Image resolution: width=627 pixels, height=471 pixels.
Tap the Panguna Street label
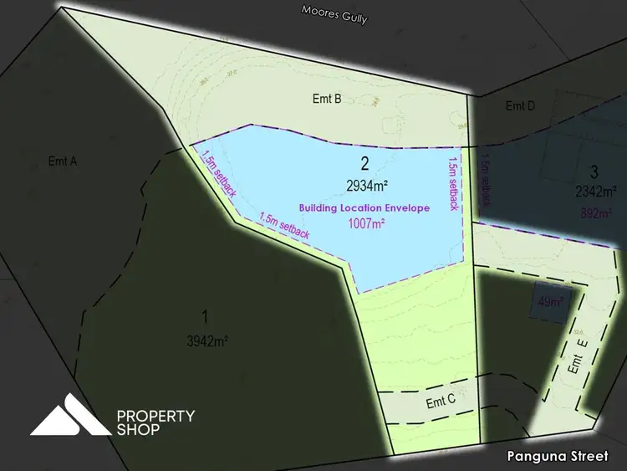(558, 456)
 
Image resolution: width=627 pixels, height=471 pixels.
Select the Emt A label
(63, 161)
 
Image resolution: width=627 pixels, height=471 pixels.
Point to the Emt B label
(326, 99)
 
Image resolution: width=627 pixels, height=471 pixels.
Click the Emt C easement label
(441, 402)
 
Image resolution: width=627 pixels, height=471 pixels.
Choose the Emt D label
(520, 106)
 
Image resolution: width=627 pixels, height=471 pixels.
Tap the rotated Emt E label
(575, 358)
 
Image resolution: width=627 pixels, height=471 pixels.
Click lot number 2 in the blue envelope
(364, 163)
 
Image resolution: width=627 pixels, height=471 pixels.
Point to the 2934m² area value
(364, 184)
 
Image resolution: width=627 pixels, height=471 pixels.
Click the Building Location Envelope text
(364, 207)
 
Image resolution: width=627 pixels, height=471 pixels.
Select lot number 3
(594, 172)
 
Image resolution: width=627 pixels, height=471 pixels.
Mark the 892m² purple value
(595, 212)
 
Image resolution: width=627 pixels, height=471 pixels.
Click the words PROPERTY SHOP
(155, 422)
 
